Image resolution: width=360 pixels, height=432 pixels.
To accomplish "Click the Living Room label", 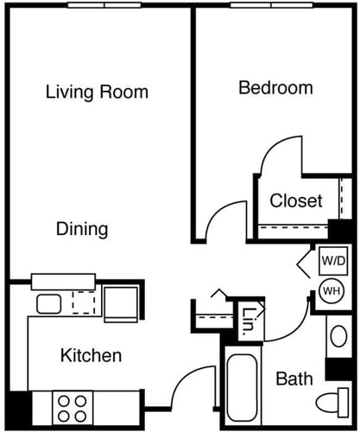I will (97, 92).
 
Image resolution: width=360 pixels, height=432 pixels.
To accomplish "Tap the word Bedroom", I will (275, 87).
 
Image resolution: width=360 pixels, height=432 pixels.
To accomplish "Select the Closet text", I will (296, 201).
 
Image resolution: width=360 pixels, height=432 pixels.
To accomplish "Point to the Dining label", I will (82, 229).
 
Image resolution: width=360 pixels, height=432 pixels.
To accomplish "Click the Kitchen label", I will (91, 355).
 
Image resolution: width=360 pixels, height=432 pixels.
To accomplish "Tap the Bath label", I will (294, 378).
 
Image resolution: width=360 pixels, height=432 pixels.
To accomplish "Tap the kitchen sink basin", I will (48, 303).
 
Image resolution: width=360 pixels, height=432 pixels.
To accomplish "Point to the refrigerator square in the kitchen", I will (120, 303).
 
